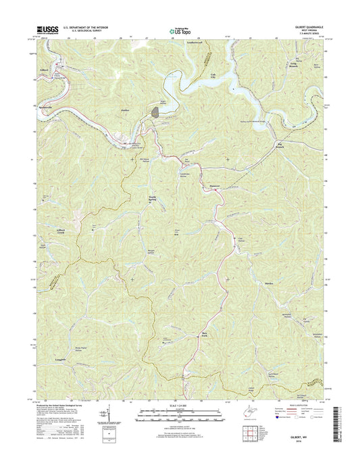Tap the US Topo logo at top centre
click(x=180, y=30)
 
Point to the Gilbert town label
click(x=43, y=70)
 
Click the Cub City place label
click(x=215, y=76)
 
